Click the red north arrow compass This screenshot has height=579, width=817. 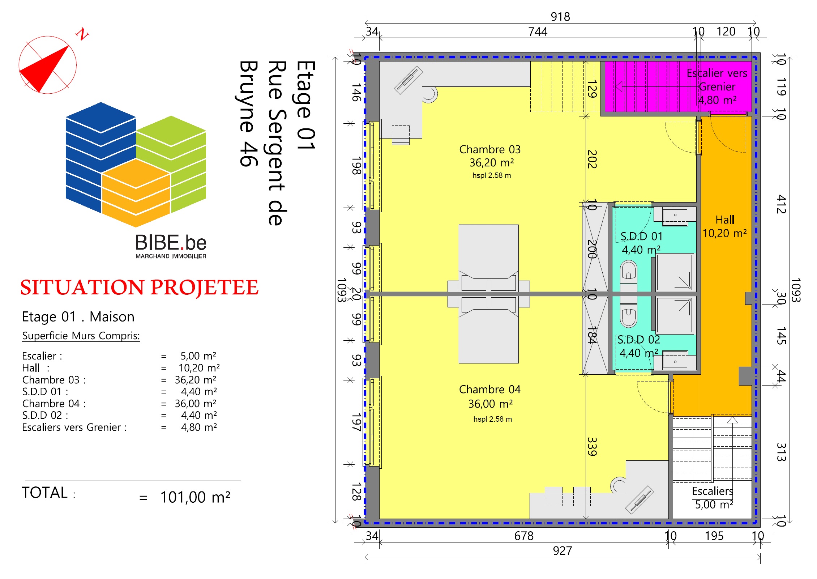pyautogui.click(x=47, y=65)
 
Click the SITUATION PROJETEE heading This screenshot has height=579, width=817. pyautogui.click(x=139, y=288)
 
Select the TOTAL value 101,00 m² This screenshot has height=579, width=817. pyautogui.click(x=195, y=497)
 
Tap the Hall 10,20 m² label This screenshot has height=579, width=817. pyautogui.click(x=724, y=226)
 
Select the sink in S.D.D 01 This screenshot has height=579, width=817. pyautogui.click(x=675, y=216)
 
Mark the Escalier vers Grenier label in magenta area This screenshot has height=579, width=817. pyautogui.click(x=717, y=86)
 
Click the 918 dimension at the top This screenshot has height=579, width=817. pyautogui.click(x=560, y=17)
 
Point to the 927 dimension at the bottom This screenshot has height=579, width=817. pyautogui.click(x=563, y=551)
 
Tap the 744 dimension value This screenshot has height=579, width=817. pyautogui.click(x=538, y=32)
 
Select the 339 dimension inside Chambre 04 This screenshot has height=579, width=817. pyautogui.click(x=592, y=446)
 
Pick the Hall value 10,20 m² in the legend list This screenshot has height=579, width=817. pyautogui.click(x=199, y=368)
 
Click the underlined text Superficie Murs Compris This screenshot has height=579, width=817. pyautogui.click(x=81, y=336)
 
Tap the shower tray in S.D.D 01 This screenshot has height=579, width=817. pyautogui.click(x=675, y=272)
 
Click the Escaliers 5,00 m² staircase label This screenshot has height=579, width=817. pyautogui.click(x=713, y=498)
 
